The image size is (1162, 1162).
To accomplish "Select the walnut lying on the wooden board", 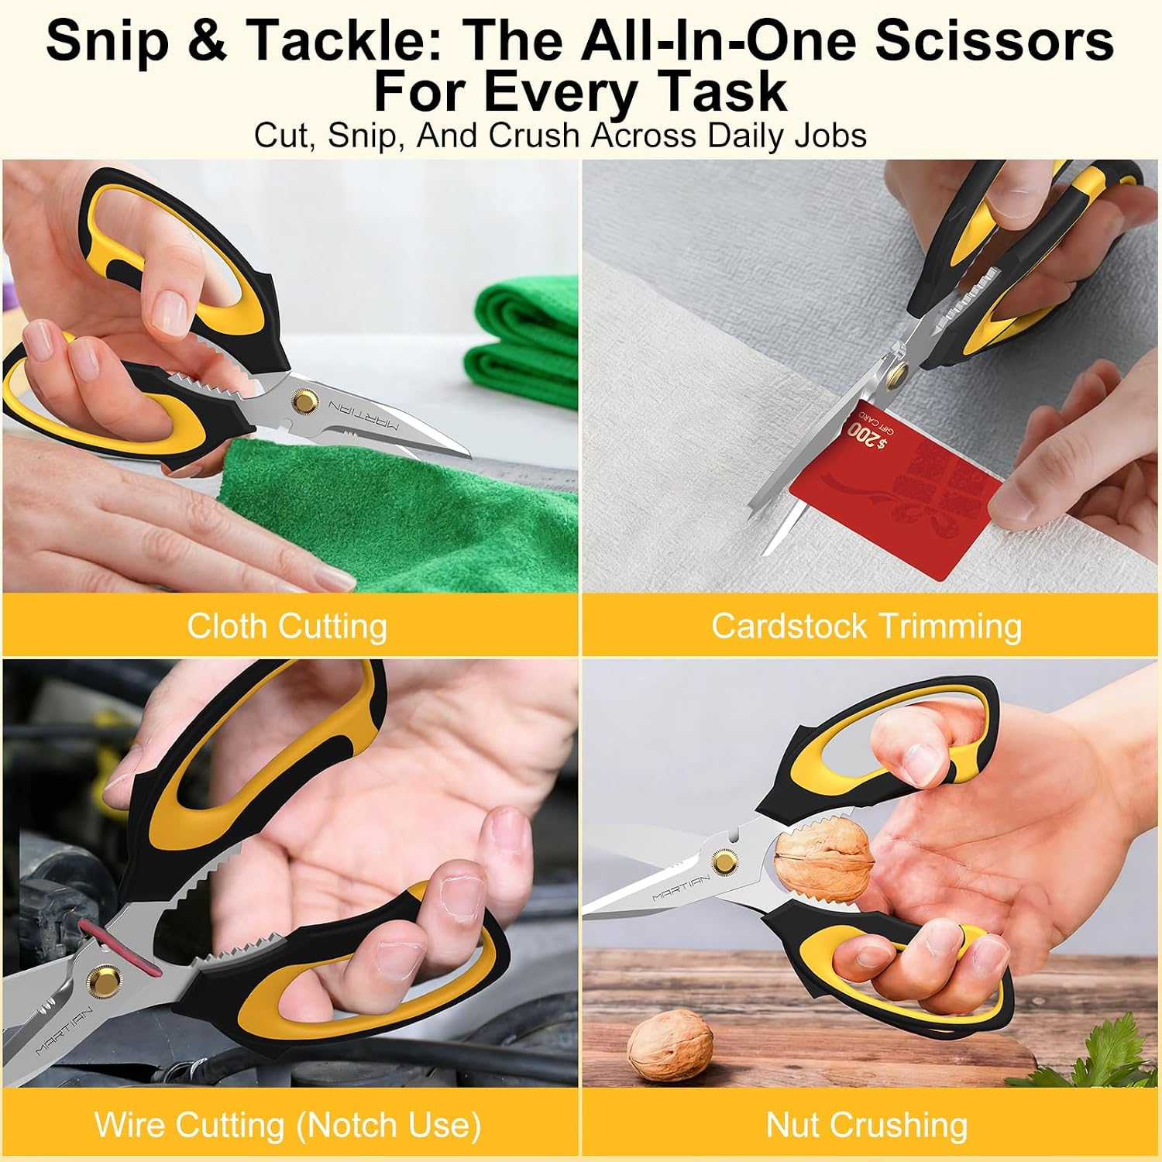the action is [x=669, y=1048].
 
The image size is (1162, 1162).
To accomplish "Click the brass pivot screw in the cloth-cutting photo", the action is [x=304, y=402].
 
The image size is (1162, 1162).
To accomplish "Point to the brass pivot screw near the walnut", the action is [x=725, y=861].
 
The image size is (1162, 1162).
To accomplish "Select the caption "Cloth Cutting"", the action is [x=287, y=626].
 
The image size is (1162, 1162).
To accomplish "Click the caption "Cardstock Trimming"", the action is [x=867, y=626].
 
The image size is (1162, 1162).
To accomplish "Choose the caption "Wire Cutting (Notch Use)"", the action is [x=287, y=1125].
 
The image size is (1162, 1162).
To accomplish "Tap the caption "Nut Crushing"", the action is [x=867, y=1125].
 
